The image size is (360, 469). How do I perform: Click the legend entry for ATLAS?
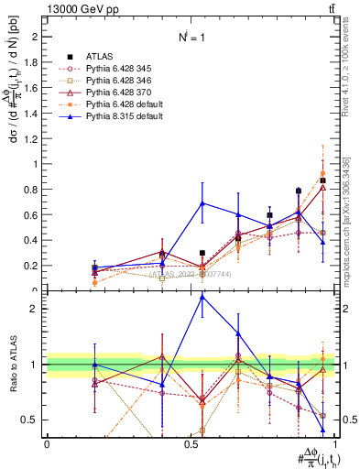tap(100, 55)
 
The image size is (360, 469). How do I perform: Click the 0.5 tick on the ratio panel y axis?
tap(29, 420)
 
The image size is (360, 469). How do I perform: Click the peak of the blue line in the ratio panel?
tap(202, 296)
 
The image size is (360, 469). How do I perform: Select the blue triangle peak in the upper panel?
tap(202, 203)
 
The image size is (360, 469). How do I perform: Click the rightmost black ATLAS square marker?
tap(322, 180)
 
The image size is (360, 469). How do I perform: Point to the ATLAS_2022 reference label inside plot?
tap(187, 273)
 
